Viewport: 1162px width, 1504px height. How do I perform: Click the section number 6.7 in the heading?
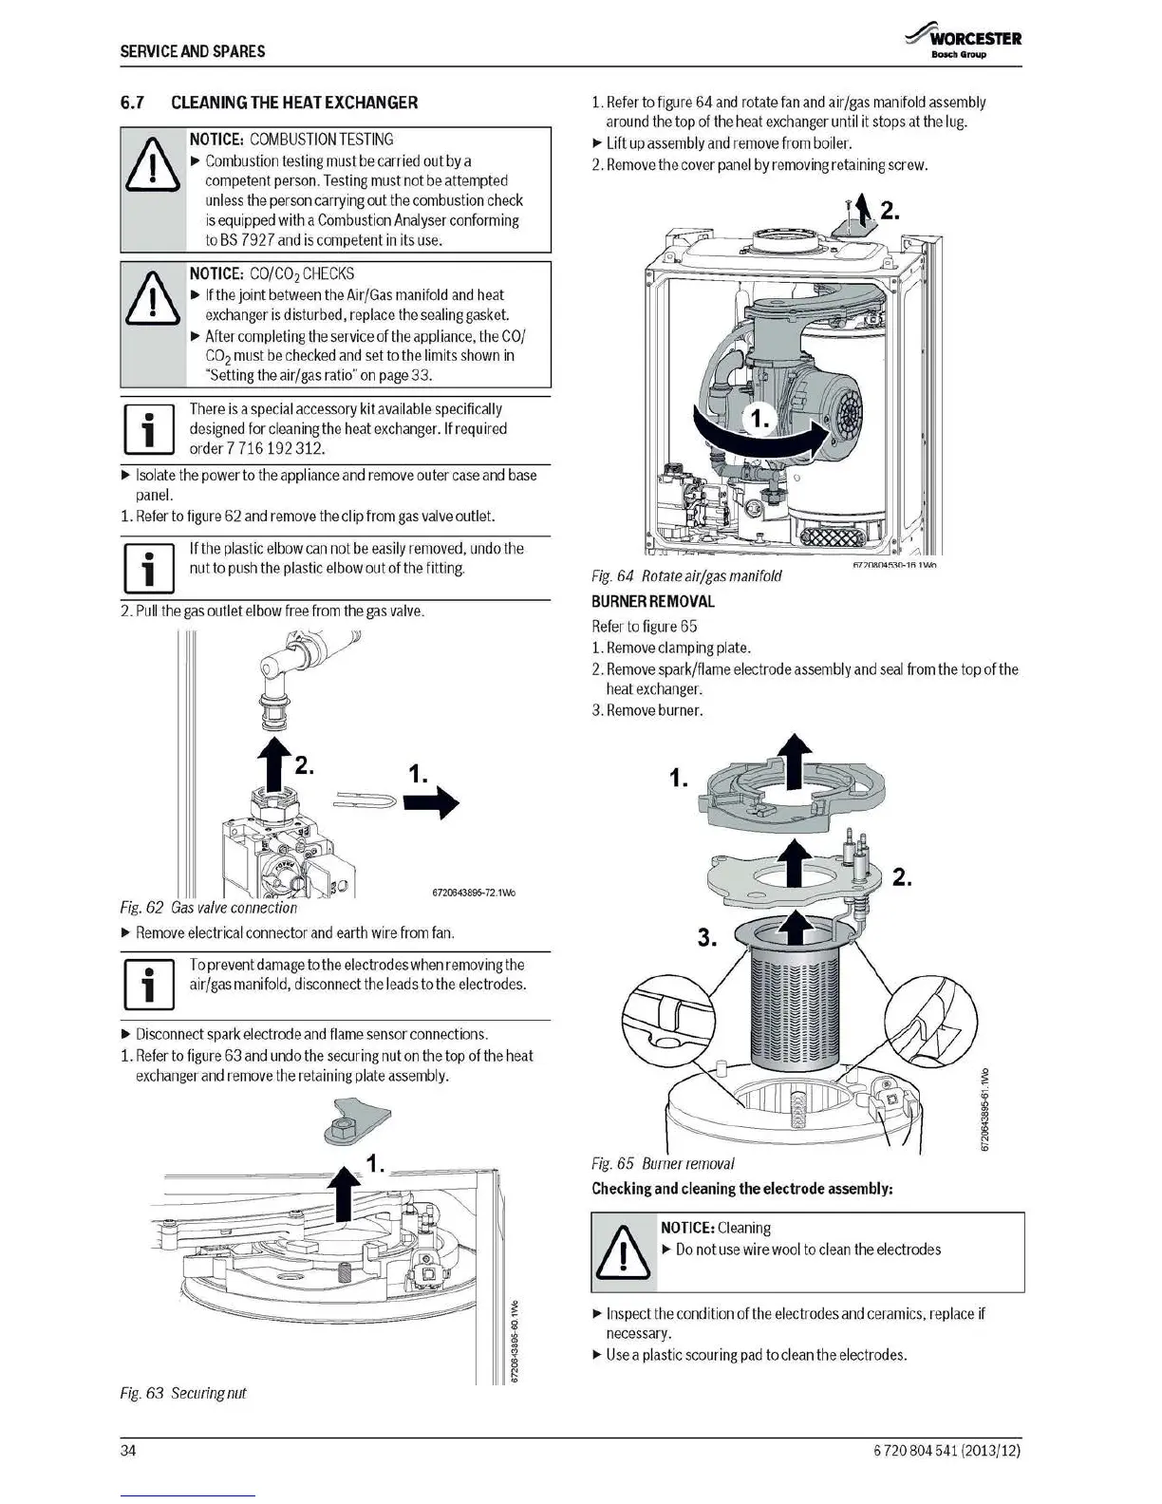point(131,103)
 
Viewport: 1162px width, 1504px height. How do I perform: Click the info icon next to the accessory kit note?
point(147,429)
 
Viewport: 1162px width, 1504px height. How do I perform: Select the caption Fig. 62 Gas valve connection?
point(208,908)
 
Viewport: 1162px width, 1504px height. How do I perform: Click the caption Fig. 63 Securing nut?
point(182,1393)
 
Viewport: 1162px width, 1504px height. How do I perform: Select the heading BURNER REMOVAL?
point(652,601)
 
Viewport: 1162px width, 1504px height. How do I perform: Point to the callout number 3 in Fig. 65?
point(706,938)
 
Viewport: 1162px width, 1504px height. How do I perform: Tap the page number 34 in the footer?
point(129,1451)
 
